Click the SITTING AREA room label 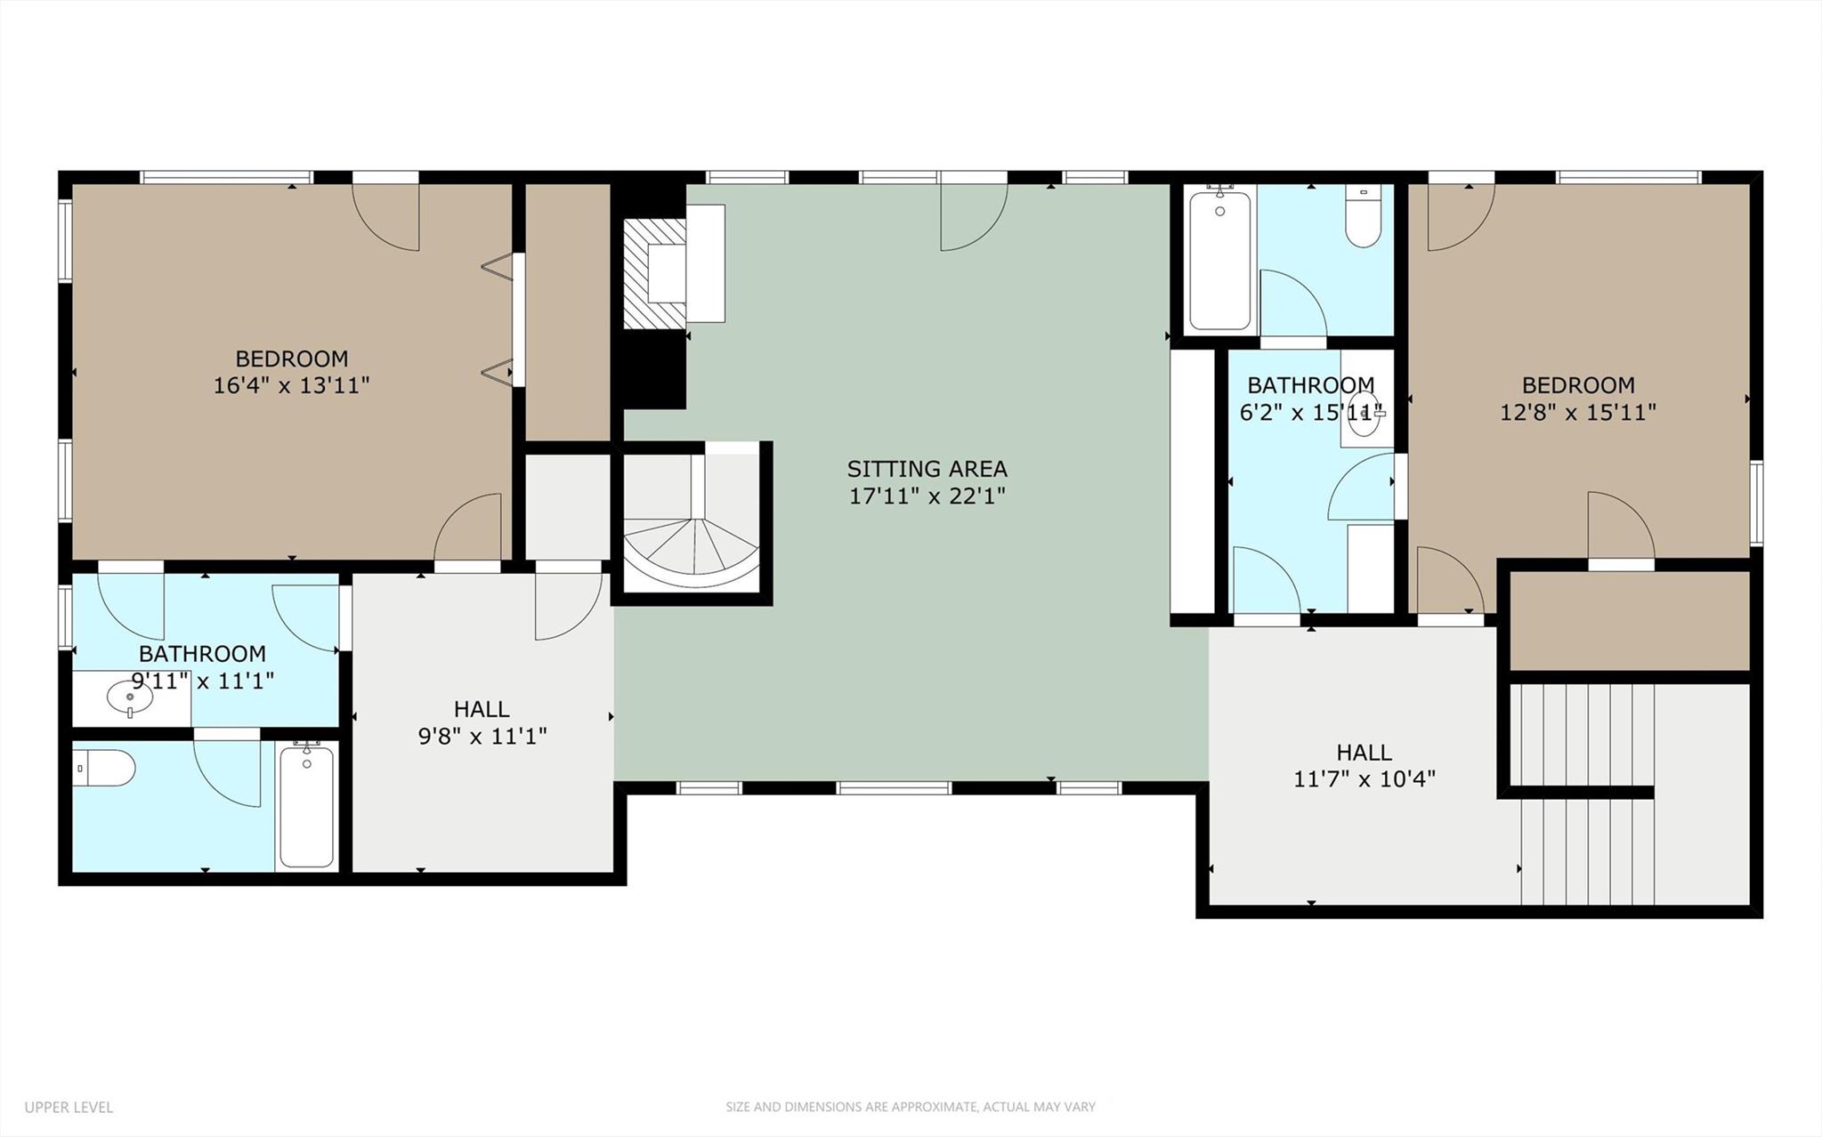(x=927, y=468)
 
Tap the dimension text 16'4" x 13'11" (x=291, y=385)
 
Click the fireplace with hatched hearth (x=655, y=273)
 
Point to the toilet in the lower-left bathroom (x=105, y=767)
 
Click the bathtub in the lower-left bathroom (x=306, y=805)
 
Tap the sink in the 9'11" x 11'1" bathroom (x=130, y=698)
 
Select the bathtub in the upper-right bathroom (x=1219, y=259)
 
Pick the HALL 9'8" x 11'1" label (x=482, y=722)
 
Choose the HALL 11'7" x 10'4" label (x=1364, y=766)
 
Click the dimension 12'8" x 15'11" (x=1577, y=412)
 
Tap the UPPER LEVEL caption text (x=69, y=1108)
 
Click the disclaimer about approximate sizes (x=910, y=1108)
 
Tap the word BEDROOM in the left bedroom (x=291, y=359)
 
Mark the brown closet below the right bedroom (x=1630, y=621)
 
